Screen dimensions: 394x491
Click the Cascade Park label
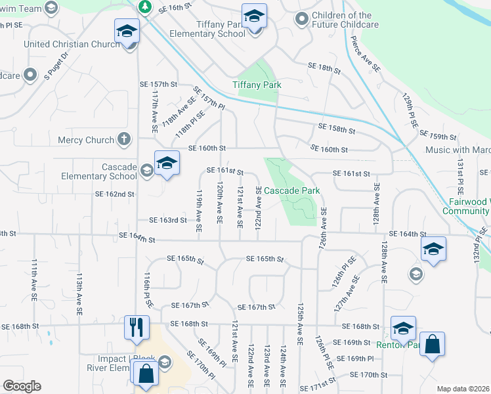click(293, 190)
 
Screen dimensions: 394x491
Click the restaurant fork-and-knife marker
click(137, 327)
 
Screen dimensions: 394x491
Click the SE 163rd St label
click(168, 221)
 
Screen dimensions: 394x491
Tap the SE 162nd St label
click(114, 194)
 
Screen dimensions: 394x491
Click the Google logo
click(22, 386)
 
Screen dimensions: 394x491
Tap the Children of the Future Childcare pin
click(302, 18)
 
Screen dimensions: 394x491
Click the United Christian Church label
click(73, 45)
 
